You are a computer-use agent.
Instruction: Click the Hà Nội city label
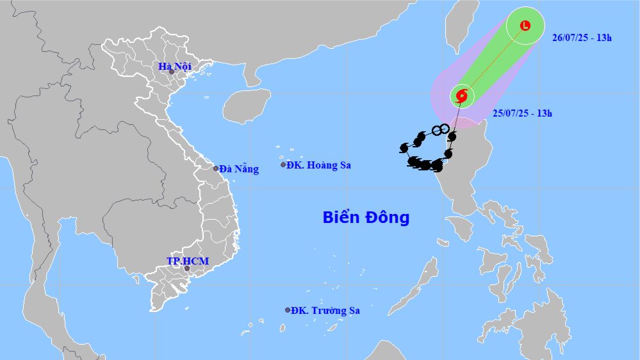176,67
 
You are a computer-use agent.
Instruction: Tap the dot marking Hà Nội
172,72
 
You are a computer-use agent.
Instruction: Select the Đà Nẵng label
239,169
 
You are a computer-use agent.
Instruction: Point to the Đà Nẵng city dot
216,168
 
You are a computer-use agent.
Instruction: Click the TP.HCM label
188,261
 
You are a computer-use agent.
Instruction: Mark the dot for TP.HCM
187,268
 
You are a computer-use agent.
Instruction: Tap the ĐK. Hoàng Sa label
319,165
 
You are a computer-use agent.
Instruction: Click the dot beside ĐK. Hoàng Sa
283,165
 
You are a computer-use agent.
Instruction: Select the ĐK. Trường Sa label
325,311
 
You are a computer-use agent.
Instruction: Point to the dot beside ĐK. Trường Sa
288,310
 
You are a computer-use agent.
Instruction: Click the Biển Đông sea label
366,218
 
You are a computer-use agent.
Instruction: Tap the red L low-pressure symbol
525,26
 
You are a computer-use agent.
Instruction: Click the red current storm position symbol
462,96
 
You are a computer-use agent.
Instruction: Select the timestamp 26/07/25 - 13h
582,37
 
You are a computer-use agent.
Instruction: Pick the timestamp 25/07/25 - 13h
523,113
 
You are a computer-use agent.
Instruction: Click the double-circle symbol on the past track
439,131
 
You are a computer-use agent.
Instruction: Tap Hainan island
249,105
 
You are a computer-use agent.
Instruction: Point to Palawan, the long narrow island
417,289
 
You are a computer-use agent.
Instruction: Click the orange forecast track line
493,61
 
